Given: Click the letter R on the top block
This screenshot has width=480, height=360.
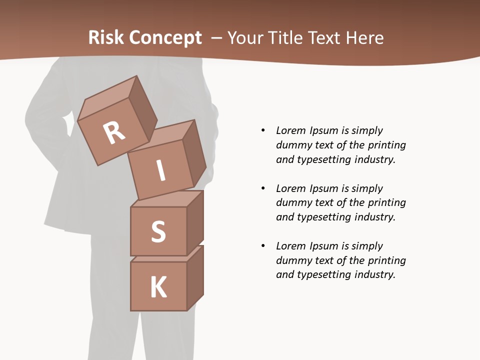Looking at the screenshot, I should (x=114, y=132).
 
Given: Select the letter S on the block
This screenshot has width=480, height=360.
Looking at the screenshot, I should (x=158, y=231).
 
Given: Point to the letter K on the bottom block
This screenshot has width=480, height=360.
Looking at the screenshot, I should (x=158, y=287).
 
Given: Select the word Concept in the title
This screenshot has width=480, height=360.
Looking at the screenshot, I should (x=165, y=37).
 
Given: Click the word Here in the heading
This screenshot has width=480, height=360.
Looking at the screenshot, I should (x=365, y=37).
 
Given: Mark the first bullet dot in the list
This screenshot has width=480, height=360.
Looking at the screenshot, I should (x=263, y=130).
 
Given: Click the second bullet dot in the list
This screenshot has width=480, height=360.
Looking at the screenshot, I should (x=263, y=188).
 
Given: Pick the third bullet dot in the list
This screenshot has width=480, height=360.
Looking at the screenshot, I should (x=263, y=246).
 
